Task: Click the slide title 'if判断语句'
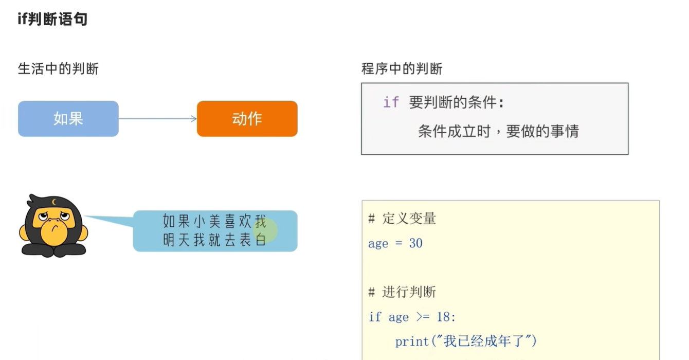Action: [52, 20]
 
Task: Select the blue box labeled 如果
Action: [68, 119]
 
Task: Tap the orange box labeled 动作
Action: [247, 119]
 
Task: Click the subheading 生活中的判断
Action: [58, 69]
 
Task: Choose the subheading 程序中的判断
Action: [402, 69]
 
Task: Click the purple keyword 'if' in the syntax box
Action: [391, 102]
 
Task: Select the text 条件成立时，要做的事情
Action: [498, 131]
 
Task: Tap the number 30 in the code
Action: [415, 243]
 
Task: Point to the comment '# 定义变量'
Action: [402, 219]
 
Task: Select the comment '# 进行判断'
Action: [402, 292]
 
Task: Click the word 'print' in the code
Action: [412, 341]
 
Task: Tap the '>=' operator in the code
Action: [422, 317]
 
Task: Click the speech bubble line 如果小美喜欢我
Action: [214, 222]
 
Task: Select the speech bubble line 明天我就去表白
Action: [214, 240]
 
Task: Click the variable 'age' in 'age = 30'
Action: [378, 243]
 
